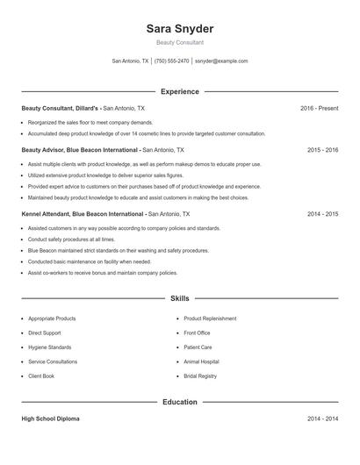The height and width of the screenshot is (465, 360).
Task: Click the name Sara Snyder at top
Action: tap(179, 28)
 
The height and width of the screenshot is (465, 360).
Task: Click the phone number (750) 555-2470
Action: tap(172, 61)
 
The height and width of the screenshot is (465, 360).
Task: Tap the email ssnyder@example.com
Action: tap(221, 61)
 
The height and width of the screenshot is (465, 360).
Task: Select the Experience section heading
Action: tap(179, 91)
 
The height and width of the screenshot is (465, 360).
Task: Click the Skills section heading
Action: tap(179, 298)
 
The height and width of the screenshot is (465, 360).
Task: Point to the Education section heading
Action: tap(179, 402)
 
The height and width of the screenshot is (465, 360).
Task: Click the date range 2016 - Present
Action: tap(319, 108)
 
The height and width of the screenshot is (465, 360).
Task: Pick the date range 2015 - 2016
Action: tap(322, 150)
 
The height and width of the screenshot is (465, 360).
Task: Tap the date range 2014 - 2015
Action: tap(322, 213)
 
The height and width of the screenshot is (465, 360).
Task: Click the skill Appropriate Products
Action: tap(52, 318)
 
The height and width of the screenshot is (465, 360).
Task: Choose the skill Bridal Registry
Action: tap(200, 376)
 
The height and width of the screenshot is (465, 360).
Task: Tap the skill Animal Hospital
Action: tap(201, 361)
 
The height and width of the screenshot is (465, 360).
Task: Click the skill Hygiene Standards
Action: tap(49, 347)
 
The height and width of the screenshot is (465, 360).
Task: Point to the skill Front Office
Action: tap(197, 333)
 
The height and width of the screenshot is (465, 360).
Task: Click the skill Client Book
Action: tap(40, 376)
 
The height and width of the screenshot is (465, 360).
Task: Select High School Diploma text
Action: tap(50, 418)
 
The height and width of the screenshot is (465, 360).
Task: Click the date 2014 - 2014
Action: tap(322, 418)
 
